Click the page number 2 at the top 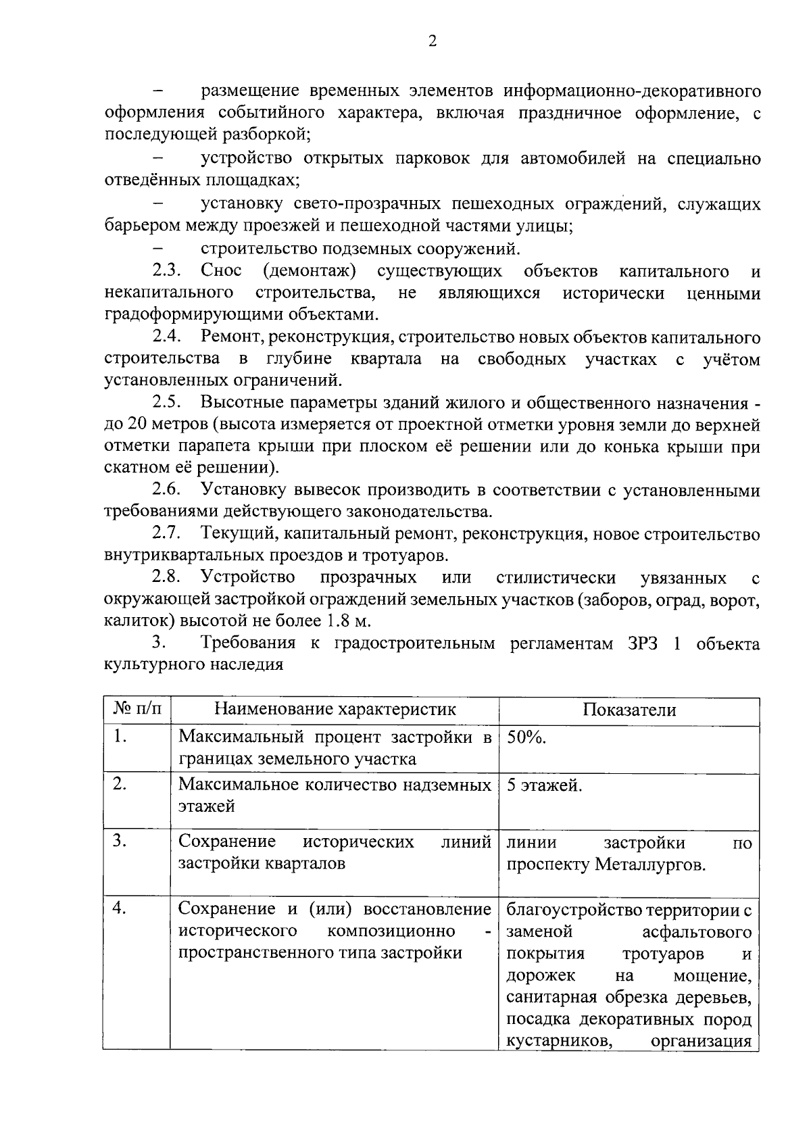click(x=433, y=41)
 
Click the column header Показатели click(x=629, y=709)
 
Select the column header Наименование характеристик click(x=335, y=709)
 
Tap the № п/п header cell click(x=137, y=709)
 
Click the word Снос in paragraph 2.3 click(x=221, y=272)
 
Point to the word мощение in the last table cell click(x=712, y=975)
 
